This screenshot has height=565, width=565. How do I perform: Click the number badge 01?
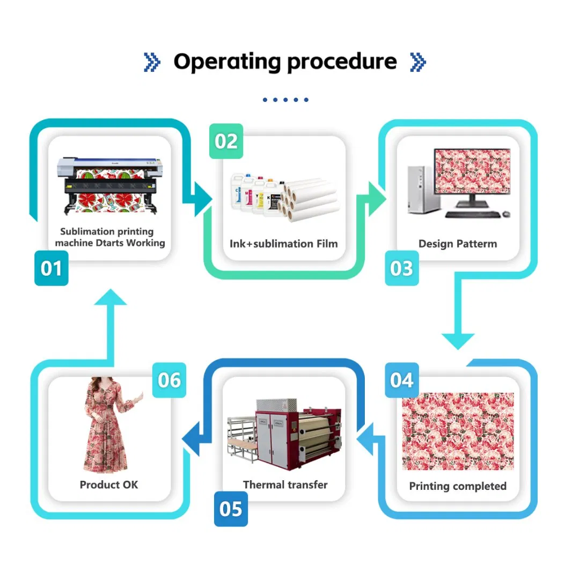(52, 268)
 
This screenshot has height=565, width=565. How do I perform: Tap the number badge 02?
(226, 141)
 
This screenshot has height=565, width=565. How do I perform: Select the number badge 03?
(402, 268)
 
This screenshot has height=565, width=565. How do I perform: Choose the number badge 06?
(170, 380)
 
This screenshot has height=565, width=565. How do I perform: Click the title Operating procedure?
(284, 62)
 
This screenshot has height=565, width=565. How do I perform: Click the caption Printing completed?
(458, 486)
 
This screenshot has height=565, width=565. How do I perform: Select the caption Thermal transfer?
(285, 485)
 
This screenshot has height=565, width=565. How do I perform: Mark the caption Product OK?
(109, 485)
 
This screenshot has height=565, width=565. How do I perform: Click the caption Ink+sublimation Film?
(284, 244)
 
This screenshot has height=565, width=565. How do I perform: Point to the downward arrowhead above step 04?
(458, 341)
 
